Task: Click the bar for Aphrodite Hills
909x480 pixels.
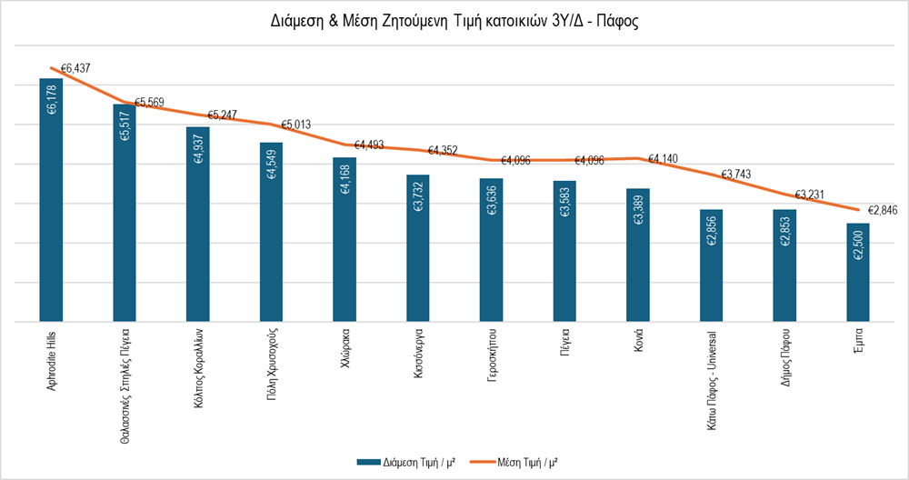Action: [51, 200]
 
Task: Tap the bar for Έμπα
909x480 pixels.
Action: [858, 272]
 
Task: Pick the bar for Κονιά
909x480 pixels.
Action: [638, 255]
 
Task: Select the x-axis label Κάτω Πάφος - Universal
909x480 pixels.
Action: [712, 376]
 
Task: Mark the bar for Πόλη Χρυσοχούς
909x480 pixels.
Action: [271, 232]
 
